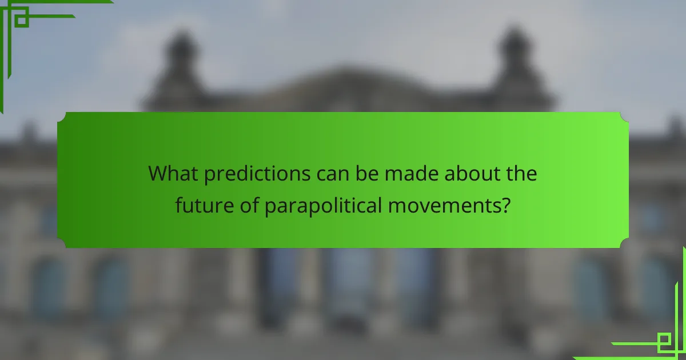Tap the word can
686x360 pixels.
(x=333, y=173)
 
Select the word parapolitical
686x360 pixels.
(x=323, y=205)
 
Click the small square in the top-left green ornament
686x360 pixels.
(x=21, y=21)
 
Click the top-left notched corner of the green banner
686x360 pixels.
(x=61, y=115)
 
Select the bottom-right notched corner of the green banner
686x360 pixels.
(x=625, y=244)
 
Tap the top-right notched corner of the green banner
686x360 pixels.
(x=625, y=115)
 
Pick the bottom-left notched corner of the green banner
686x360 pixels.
(x=61, y=244)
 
